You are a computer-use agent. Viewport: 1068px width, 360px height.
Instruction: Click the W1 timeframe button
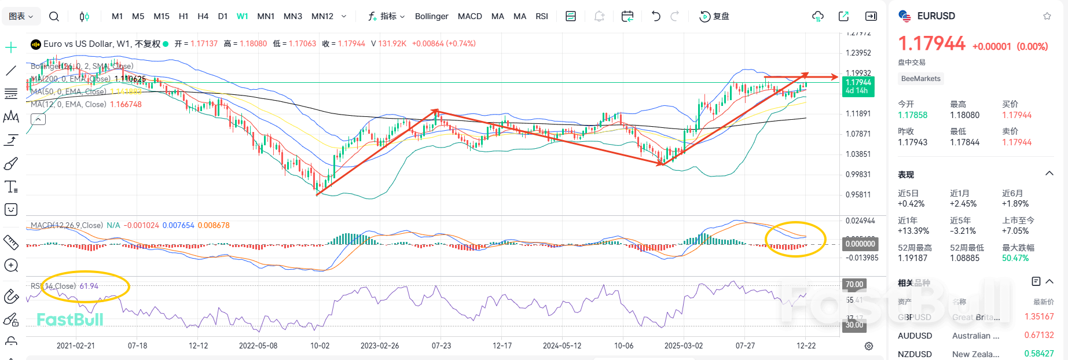tap(242, 16)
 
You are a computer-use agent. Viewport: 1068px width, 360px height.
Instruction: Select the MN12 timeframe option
tap(322, 16)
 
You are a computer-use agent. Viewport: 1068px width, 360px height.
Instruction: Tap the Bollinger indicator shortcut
tap(431, 16)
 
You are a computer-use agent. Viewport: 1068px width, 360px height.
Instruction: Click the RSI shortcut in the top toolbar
tap(541, 16)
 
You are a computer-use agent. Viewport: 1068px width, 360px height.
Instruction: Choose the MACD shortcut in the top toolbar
tap(469, 16)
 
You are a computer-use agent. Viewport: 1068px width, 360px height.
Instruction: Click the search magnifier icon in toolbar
tap(54, 16)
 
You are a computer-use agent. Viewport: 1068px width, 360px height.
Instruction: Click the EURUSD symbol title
tap(935, 16)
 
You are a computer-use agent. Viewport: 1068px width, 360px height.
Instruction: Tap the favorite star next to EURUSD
tap(1047, 16)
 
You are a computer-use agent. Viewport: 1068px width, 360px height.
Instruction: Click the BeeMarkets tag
tap(920, 79)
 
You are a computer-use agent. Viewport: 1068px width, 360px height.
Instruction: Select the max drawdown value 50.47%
tap(1015, 258)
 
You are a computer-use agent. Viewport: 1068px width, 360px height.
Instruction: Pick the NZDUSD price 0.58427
tap(1038, 354)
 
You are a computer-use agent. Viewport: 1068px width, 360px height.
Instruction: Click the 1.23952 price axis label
tap(858, 53)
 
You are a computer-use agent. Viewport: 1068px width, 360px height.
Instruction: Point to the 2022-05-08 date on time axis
tap(258, 346)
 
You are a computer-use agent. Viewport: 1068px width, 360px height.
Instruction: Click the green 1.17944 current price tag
tap(858, 86)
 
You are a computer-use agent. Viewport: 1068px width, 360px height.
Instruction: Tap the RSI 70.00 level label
tap(854, 284)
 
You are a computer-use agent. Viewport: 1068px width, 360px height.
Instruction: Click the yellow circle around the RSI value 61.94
tap(86, 286)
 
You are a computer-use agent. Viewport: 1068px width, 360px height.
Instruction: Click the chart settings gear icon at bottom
tap(869, 346)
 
